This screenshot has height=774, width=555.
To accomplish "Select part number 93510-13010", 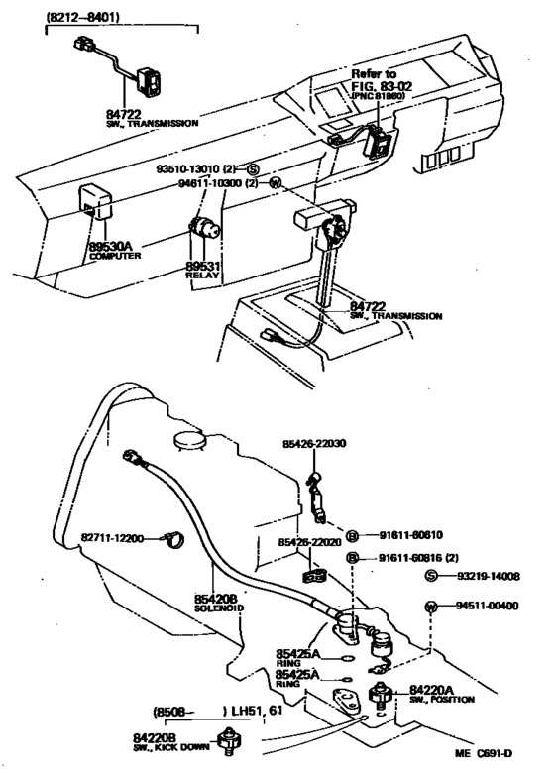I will coord(194,168).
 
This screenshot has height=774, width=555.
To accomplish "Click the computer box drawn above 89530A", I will coord(96,202).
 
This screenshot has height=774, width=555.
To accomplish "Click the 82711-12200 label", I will coord(112,538).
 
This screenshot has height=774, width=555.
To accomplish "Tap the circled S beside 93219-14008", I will coord(430,576).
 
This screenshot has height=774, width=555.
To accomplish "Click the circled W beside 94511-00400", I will coord(430,607).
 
